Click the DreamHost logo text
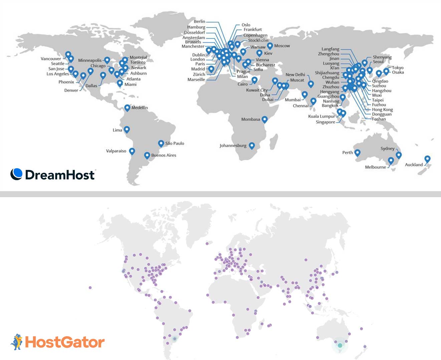(x=60, y=175)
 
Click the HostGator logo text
(x=65, y=342)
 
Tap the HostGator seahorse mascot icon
(x=17, y=342)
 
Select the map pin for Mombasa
(x=264, y=119)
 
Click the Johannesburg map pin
(x=252, y=145)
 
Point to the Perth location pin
(x=357, y=152)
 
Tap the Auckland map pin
(x=427, y=159)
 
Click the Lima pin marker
(x=127, y=129)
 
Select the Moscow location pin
(x=270, y=46)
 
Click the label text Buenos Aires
(x=164, y=155)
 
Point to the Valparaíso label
(x=116, y=151)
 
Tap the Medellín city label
(x=140, y=107)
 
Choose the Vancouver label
(x=51, y=59)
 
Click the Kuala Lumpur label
(x=321, y=116)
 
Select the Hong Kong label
(x=382, y=109)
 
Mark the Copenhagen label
(x=255, y=35)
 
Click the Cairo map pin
(x=254, y=80)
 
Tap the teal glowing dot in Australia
(x=340, y=346)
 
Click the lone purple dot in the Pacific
(x=90, y=288)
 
